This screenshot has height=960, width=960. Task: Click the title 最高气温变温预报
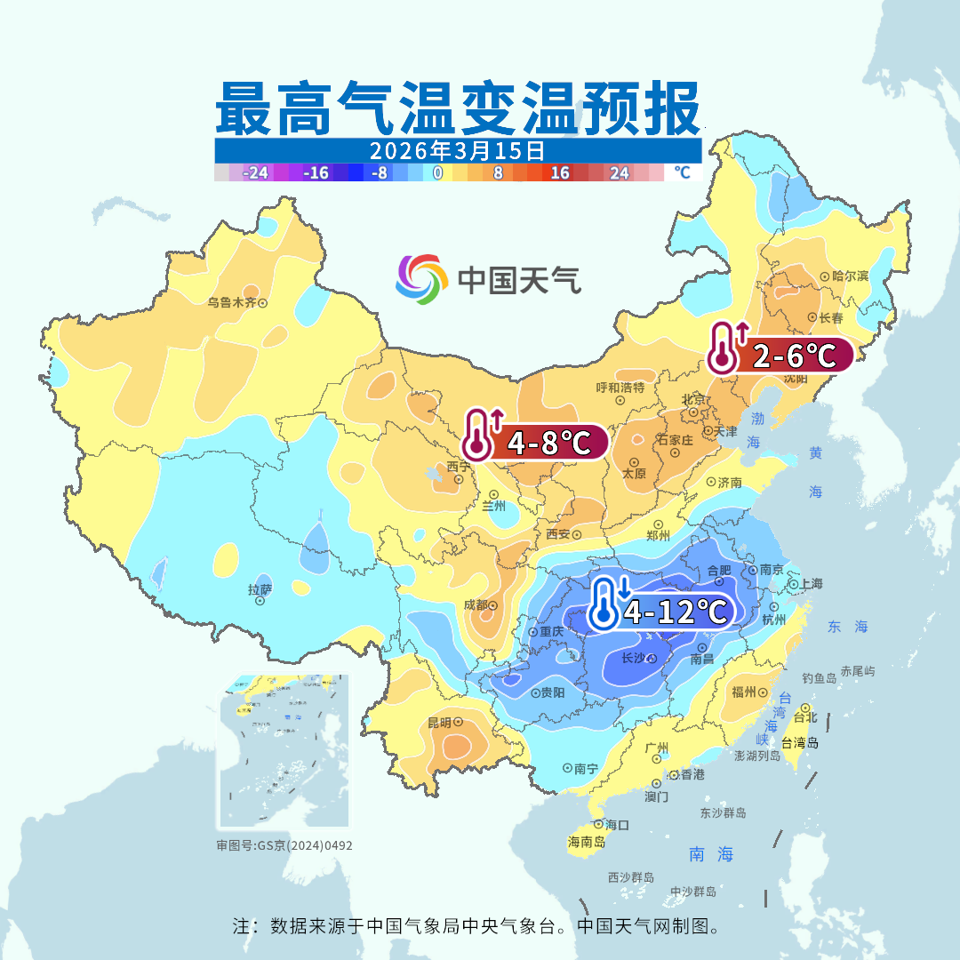(457, 108)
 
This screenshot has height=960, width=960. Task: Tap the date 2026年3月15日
(457, 149)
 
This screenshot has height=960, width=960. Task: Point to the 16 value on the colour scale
(560, 173)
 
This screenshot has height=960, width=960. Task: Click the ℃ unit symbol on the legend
(682, 173)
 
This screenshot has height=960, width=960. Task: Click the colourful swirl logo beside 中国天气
(420, 279)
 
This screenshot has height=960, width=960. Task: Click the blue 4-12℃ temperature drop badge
(662, 612)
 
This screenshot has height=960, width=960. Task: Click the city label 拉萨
(260, 589)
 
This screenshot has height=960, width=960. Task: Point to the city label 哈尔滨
(849, 276)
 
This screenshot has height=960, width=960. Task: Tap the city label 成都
(476, 605)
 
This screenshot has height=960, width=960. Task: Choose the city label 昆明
(439, 723)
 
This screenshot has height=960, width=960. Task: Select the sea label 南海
(711, 854)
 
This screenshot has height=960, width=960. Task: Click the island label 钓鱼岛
(818, 678)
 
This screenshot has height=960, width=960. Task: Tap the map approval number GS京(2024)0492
(284, 845)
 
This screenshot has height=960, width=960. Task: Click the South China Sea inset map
(284, 751)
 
